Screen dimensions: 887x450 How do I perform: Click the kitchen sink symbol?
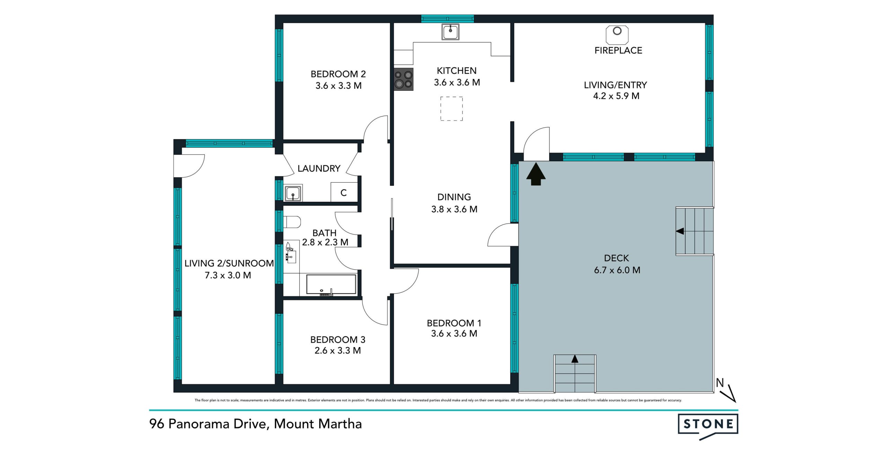(450, 32)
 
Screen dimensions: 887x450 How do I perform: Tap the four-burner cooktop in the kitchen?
(404, 79)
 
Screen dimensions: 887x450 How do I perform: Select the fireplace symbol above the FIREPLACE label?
(617, 34)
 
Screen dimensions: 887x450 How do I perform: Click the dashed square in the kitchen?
(451, 109)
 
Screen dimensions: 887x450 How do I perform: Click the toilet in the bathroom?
(292, 222)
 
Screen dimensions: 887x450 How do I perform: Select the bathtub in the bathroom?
(331, 285)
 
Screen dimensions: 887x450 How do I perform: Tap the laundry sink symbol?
(293, 193)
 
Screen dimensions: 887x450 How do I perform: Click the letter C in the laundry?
(343, 193)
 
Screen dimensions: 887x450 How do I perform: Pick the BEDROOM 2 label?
(338, 74)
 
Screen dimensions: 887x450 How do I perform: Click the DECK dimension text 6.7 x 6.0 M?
(617, 270)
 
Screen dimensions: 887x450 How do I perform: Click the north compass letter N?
(720, 383)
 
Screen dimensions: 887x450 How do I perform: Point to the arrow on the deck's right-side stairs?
(680, 231)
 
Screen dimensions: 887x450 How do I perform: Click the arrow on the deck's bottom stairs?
(575, 359)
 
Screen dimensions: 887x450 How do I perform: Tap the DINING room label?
(454, 197)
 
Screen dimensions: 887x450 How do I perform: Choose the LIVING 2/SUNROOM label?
(229, 263)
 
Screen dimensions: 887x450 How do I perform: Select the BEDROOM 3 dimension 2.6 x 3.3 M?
(338, 351)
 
